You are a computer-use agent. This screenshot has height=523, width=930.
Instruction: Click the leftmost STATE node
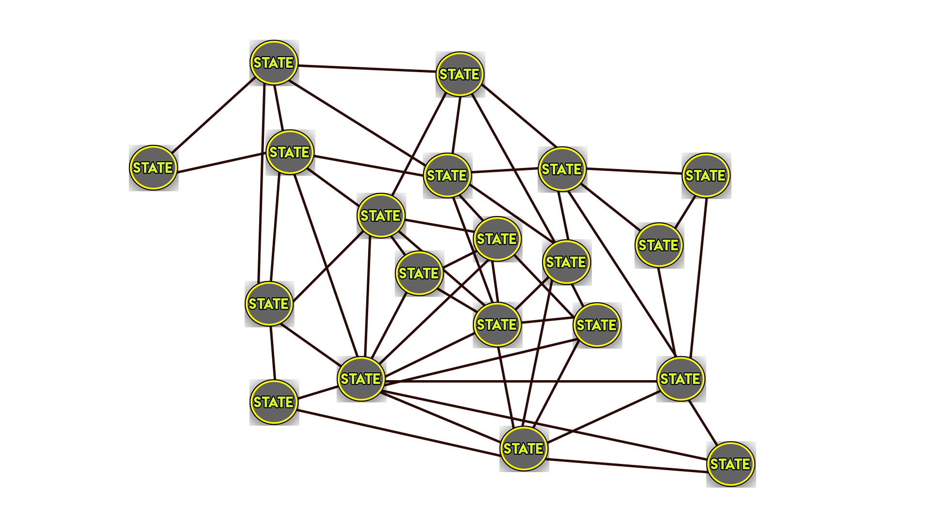pos(153,168)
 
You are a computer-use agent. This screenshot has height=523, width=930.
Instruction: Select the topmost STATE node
pos(274,62)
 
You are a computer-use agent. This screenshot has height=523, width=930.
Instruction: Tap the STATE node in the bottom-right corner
pos(730,464)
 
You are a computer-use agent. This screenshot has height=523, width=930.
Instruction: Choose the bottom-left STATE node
pos(274,402)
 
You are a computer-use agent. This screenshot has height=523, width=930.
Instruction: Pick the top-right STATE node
pos(706,175)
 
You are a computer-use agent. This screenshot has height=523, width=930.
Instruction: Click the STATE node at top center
pos(460,74)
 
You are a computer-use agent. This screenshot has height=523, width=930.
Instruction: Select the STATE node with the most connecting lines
pos(361,379)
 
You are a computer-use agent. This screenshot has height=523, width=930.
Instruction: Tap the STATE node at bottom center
pos(524,448)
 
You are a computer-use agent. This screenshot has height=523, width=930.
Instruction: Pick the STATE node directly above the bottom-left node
pos(269,304)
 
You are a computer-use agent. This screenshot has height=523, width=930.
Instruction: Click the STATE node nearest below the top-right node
pos(659,245)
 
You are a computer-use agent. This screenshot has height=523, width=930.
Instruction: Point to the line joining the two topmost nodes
pos(367,68)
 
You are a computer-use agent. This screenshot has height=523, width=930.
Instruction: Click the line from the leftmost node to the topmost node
pos(213,115)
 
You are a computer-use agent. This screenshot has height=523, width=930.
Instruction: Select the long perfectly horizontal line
pos(521,381)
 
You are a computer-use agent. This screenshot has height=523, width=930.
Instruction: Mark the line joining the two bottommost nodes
pos(627,465)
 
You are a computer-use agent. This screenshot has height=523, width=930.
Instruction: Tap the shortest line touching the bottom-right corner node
pos(702,422)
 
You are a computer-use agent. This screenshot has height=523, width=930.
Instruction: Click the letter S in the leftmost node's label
pos(137,168)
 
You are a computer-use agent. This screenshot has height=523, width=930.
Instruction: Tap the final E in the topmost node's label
pos(289,63)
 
